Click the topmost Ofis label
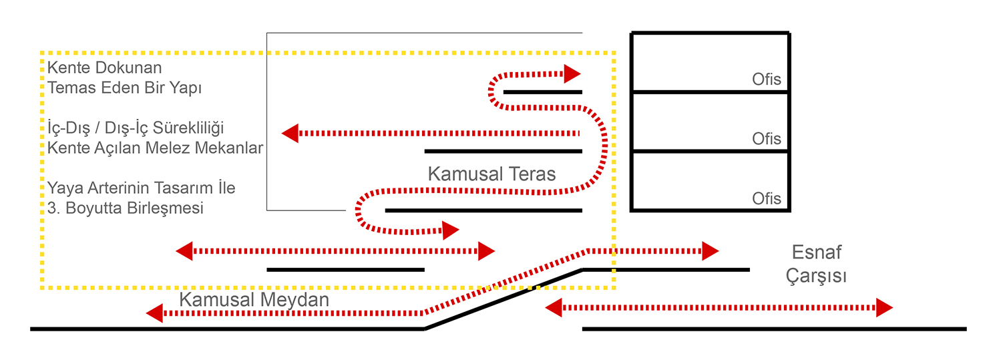click(x=766, y=79)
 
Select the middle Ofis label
click(x=766, y=139)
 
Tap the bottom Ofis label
click(x=766, y=198)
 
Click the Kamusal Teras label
click(x=491, y=174)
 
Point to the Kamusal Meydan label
click(x=254, y=300)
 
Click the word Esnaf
click(x=816, y=252)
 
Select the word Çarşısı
click(x=816, y=276)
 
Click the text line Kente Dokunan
click(x=104, y=67)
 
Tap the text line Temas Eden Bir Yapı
click(x=124, y=87)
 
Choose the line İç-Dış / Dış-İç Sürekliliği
click(x=134, y=128)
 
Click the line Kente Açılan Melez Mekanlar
click(x=155, y=148)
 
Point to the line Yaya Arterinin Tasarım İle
click(x=141, y=188)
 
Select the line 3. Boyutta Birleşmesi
click(x=125, y=208)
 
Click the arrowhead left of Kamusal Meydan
click(x=154, y=313)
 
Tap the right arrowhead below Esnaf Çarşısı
click(x=884, y=308)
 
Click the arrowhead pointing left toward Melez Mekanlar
click(x=290, y=134)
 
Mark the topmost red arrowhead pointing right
click(x=572, y=73)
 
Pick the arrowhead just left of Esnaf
click(x=710, y=251)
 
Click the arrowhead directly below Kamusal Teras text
click(x=451, y=231)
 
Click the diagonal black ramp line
click(x=504, y=299)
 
